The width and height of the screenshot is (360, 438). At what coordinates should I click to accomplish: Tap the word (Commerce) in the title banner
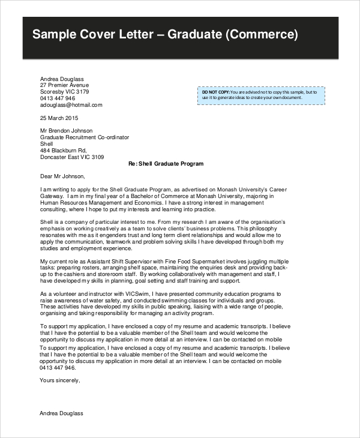262,34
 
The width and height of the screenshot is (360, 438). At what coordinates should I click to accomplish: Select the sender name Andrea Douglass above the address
62,79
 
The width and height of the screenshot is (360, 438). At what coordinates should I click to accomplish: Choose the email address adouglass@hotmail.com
71,104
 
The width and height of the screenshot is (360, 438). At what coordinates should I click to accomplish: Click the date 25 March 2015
59,118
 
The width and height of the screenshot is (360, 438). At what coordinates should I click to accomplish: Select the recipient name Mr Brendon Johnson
66,131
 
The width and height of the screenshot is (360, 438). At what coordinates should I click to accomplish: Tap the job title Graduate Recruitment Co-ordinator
84,137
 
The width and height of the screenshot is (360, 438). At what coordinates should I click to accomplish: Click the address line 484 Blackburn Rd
64,151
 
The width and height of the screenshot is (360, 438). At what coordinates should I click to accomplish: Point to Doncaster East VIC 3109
71,157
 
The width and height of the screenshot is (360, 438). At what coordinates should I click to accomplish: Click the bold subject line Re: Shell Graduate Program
166,164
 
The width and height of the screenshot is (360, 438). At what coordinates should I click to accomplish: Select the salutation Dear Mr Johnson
62,176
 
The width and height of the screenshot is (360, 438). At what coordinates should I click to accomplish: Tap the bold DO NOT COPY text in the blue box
215,92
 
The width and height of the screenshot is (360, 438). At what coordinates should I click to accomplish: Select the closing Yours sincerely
59,380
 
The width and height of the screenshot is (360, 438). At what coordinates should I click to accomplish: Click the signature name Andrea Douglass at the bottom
62,413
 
